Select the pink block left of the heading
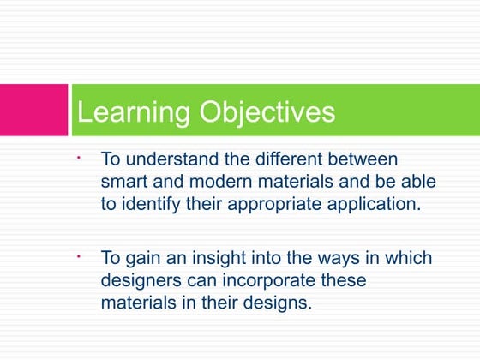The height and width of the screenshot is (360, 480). click(x=33, y=110)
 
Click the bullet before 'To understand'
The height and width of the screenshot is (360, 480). click(x=77, y=158)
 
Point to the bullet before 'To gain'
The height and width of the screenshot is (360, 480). click(x=77, y=256)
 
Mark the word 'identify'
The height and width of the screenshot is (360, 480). click(x=151, y=205)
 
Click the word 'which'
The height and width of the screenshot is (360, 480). click(x=408, y=259)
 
